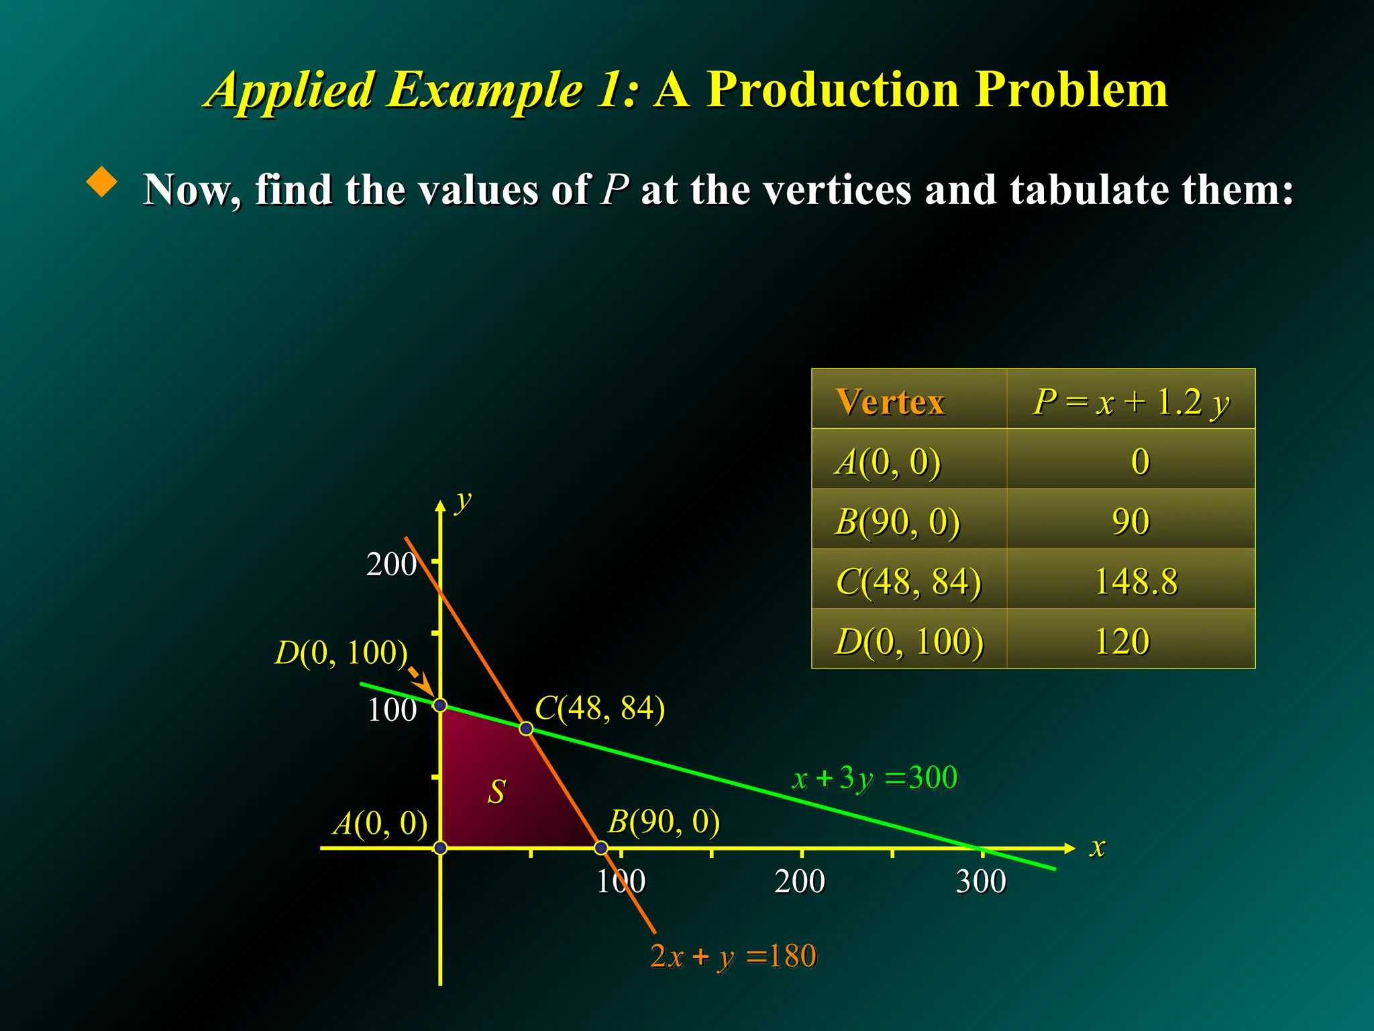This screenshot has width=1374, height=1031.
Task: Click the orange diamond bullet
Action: coord(102,182)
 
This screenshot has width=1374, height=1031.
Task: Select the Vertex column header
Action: coord(890,402)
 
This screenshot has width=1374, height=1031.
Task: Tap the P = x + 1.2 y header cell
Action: coord(1131,402)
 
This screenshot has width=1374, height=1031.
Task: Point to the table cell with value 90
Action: coord(1130,522)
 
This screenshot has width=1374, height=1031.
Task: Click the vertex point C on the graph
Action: coord(527,729)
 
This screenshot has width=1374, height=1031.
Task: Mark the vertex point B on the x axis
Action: coord(601,848)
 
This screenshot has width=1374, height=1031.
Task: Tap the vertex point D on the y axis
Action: coord(440,705)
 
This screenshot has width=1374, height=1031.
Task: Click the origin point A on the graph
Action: coord(440,848)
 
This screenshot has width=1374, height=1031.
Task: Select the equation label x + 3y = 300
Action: coord(875,779)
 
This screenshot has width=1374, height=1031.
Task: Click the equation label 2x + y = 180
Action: coord(733,956)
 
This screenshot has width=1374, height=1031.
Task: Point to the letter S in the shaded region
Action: coord(496,792)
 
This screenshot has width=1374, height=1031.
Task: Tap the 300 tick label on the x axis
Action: coord(981,881)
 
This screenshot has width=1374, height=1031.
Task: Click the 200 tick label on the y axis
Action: coord(391,564)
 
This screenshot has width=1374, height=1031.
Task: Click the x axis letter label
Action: coord(1097,847)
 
